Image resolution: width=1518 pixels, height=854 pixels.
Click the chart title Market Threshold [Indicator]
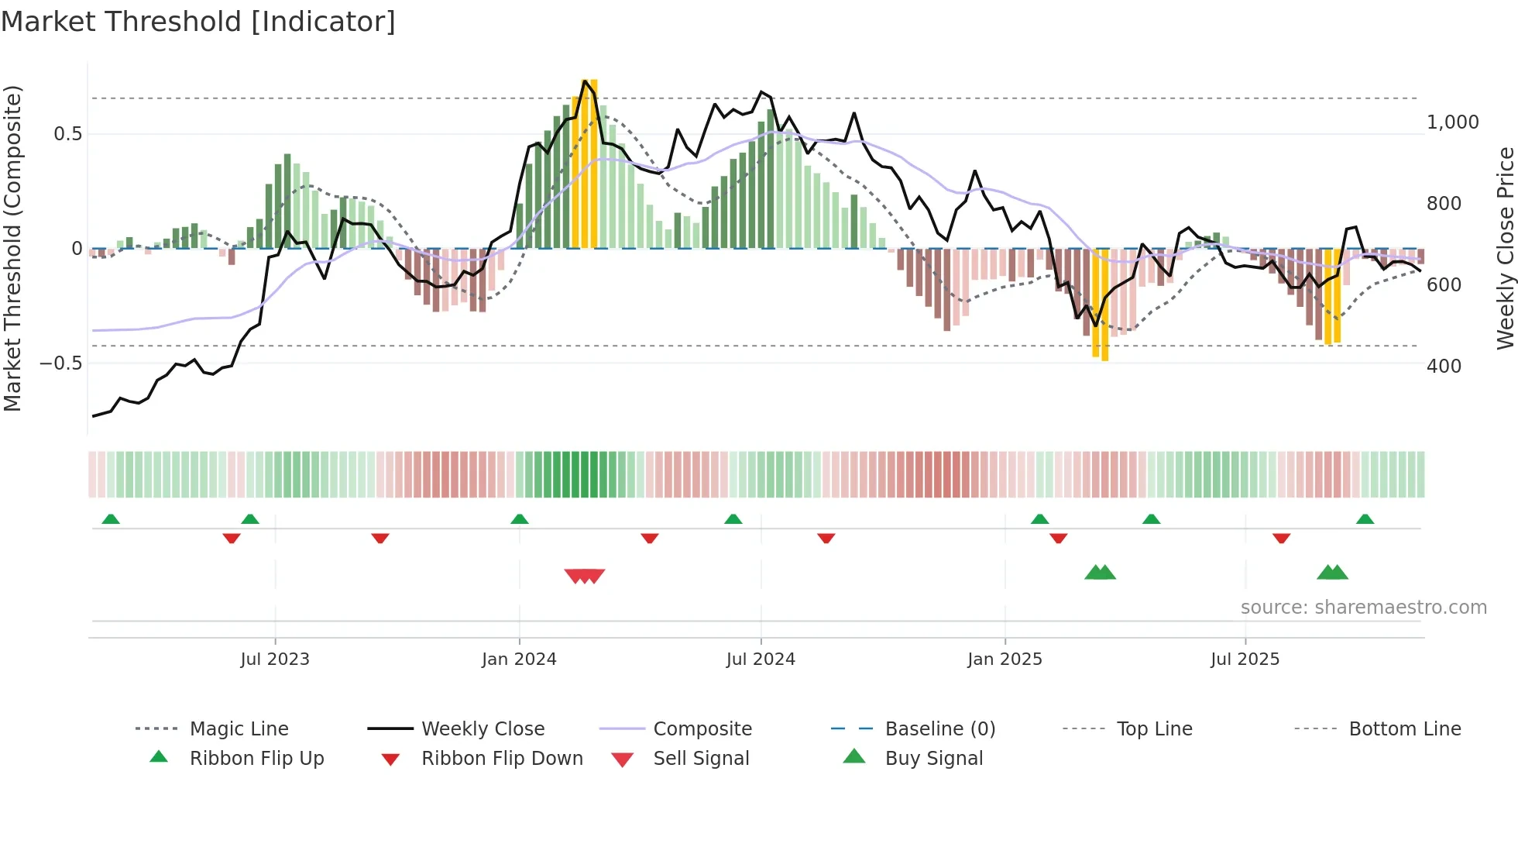198,22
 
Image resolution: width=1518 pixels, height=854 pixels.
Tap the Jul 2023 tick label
275,659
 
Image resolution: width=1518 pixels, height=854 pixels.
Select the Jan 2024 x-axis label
519,659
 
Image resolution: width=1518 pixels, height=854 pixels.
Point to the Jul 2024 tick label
761,659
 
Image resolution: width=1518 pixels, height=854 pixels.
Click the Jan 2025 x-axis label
1005,659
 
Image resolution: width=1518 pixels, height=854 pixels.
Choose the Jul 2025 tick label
1245,659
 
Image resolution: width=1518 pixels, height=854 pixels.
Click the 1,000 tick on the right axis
1452,122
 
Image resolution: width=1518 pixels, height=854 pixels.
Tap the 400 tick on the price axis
1444,366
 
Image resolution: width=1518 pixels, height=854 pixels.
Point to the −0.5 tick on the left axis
60,363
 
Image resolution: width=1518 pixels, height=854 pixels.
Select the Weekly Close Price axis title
1505,248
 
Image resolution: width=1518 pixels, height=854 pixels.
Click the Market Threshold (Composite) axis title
12,248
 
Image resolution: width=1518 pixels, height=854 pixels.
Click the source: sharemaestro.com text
1363,608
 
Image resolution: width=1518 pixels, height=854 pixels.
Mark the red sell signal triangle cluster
585,576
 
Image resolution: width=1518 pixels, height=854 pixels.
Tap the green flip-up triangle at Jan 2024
520,519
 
